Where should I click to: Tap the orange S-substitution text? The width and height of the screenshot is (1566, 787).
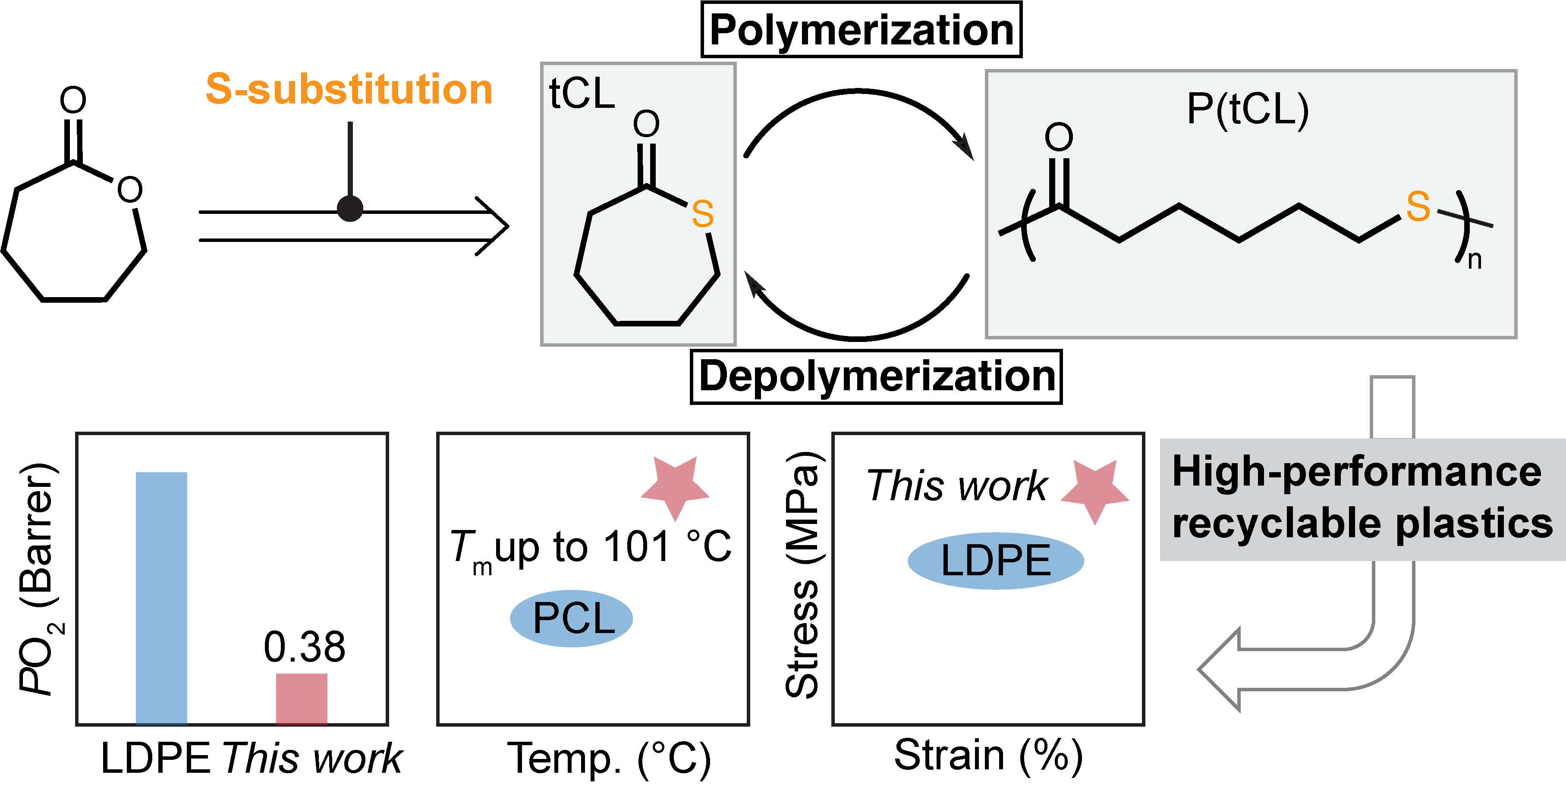point(349,89)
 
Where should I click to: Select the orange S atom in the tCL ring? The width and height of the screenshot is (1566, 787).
point(702,214)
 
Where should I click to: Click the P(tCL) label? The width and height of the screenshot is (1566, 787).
point(1248,110)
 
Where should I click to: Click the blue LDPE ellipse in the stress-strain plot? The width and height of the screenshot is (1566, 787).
point(995,561)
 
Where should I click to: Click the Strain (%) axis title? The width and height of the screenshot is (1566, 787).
point(988,756)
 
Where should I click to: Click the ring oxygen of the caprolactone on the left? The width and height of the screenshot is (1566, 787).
point(129,190)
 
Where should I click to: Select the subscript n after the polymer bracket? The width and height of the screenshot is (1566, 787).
point(1474,260)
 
